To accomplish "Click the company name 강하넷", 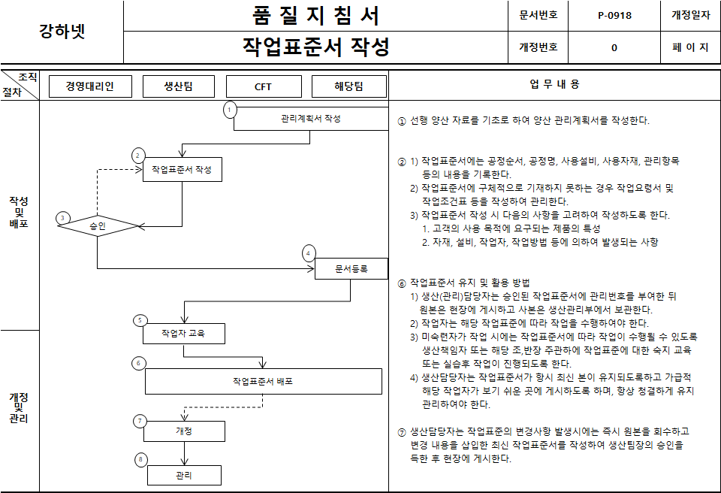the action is pos(62,32).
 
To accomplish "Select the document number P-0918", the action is pos(614,15).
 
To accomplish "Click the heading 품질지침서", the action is pos(315,16).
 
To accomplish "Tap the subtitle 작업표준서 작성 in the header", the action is pos(315,47).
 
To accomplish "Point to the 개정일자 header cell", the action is pos(690,15).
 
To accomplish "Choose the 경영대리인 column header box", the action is pos(90,86).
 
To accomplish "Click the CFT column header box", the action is pos(263,86).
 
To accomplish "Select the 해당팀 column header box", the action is pos(348,86).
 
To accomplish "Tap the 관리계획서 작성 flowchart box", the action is pos(310,119).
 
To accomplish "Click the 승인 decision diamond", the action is pos(98,225).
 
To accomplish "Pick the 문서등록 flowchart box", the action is pos(351,268).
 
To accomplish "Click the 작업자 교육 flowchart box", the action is pos(183,333).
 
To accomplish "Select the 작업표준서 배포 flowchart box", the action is pos(263,381).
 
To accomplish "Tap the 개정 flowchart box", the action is pos(184,431).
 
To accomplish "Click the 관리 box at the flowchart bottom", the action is pos(184,475).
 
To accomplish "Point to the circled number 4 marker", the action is pos(308,253).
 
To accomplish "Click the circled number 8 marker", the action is pos(140,459).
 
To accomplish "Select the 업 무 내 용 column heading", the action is pos(554,85).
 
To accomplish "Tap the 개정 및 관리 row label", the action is pos(19,408).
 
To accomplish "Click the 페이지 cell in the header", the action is pos(690,47).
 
